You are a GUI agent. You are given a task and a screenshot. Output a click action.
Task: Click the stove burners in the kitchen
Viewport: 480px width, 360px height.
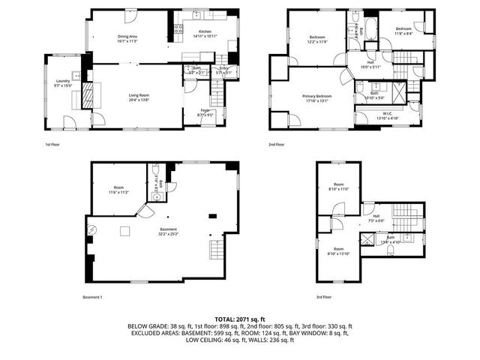[x=178, y=30]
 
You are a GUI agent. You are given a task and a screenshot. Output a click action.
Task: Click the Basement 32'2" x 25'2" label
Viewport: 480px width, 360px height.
[x=168, y=229]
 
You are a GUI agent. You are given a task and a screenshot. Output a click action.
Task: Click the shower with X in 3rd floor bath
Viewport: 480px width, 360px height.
[x=367, y=240]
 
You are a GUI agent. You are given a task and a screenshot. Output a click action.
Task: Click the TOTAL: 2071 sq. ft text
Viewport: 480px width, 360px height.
[x=240, y=319]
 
